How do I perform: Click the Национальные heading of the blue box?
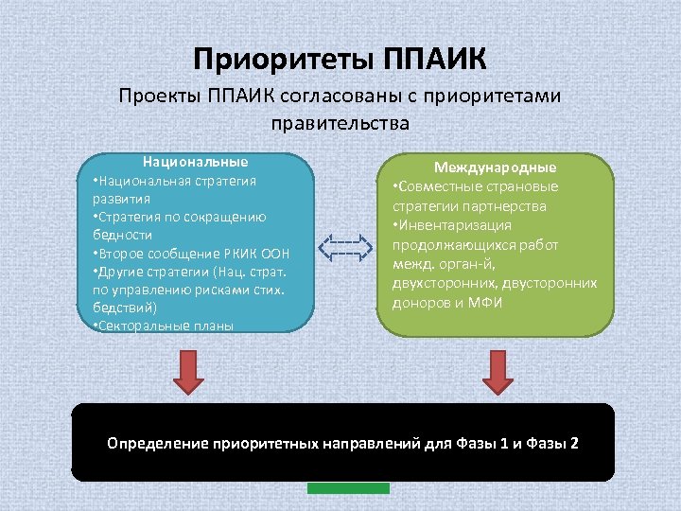tap(195, 162)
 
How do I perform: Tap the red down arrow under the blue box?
tap(189, 372)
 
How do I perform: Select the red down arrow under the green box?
tap(498, 372)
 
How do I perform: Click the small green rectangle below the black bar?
tap(348, 487)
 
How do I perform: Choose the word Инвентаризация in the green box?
tap(455, 225)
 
